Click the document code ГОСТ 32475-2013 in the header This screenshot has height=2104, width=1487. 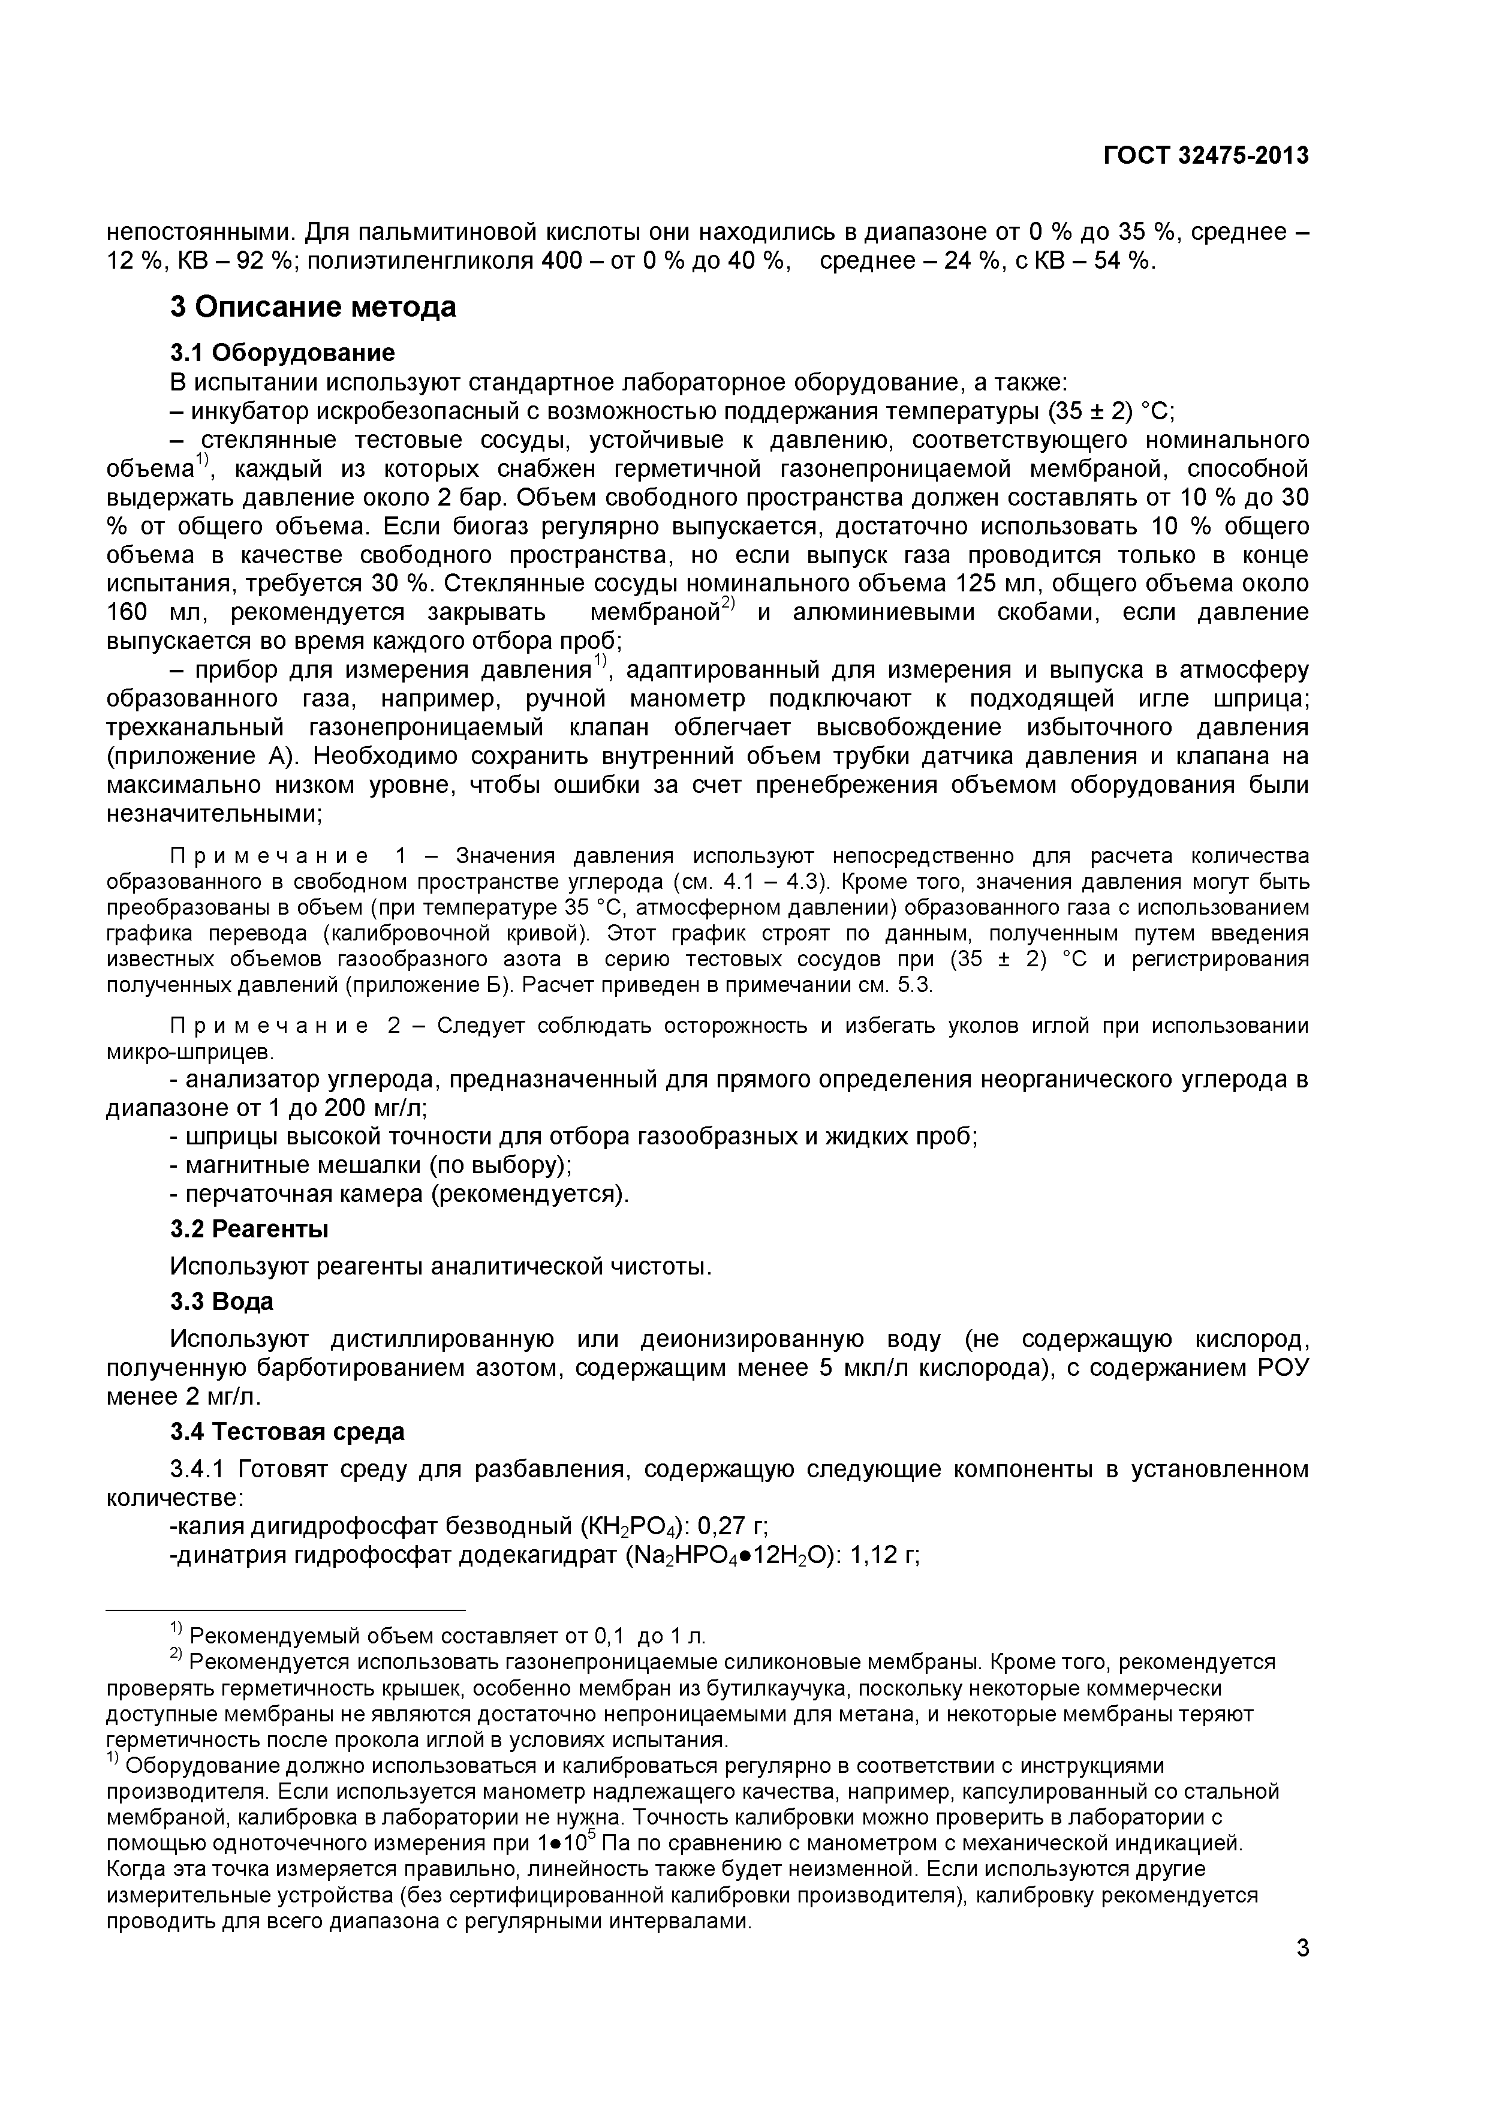tap(1205, 156)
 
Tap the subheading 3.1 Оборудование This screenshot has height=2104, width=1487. tap(282, 353)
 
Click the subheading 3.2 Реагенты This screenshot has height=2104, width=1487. tap(249, 1229)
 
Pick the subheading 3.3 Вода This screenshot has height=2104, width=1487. tap(222, 1302)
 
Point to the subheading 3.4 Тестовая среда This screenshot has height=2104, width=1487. tap(287, 1432)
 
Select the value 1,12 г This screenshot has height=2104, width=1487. tap(885, 1556)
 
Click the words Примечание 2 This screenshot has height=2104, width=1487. tap(284, 1026)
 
